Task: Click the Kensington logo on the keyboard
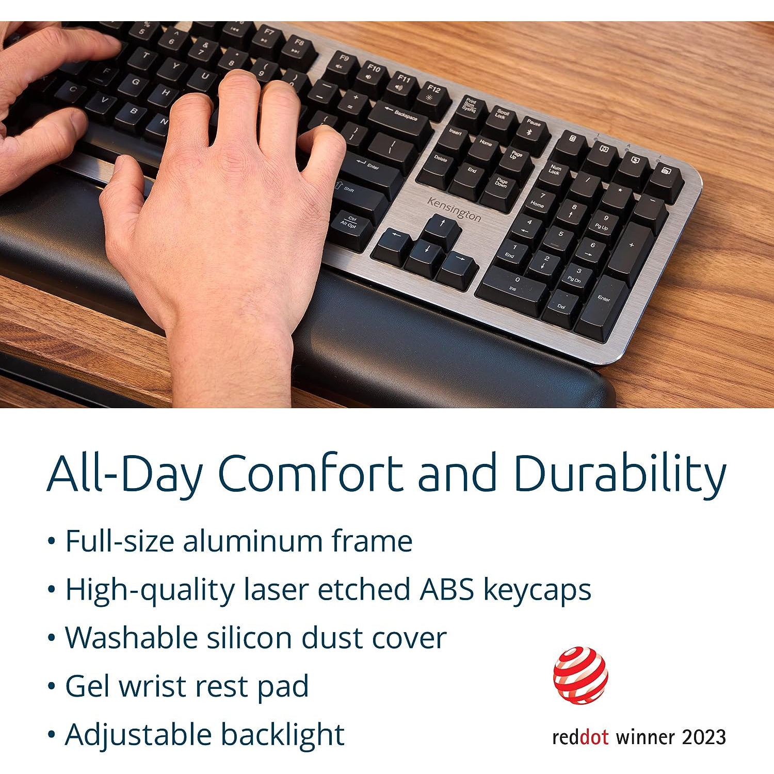454,209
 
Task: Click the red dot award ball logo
580,675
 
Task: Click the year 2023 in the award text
704,737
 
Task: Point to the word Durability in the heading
620,474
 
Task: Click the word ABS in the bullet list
447,589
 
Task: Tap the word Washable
132,638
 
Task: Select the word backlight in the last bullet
283,735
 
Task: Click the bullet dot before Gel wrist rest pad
51,686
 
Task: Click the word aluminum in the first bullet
252,541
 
